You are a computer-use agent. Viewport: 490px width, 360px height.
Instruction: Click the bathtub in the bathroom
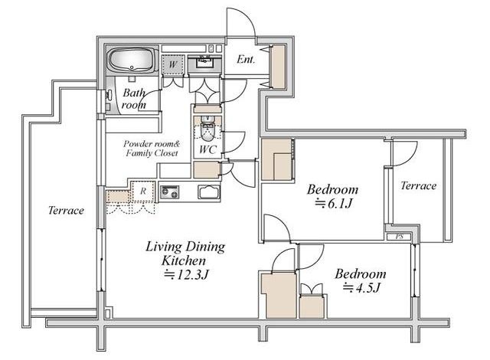pyautogui.click(x=133, y=60)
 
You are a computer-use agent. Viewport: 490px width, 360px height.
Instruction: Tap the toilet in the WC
pyautogui.click(x=206, y=129)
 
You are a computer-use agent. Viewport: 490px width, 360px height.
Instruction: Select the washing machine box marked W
pyautogui.click(x=172, y=64)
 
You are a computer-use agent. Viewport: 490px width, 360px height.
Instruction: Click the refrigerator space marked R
pyautogui.click(x=143, y=191)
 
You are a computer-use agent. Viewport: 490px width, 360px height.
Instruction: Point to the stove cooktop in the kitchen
pyautogui.click(x=170, y=192)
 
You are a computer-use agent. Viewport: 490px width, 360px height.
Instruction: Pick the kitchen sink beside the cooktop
pyautogui.click(x=209, y=192)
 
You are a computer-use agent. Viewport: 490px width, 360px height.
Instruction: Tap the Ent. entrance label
pyautogui.click(x=246, y=59)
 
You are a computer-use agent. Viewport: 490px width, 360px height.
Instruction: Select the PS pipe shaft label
pyautogui.click(x=400, y=237)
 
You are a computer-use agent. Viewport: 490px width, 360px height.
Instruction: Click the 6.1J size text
pyautogui.click(x=334, y=204)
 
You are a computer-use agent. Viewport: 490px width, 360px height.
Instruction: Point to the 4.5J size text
pyautogui.click(x=361, y=287)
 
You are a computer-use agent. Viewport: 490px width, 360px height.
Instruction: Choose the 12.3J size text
pyautogui.click(x=186, y=275)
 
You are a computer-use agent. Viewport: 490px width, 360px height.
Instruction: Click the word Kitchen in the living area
pyautogui.click(x=184, y=260)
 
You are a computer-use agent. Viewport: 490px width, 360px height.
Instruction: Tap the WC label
pyautogui.click(x=207, y=149)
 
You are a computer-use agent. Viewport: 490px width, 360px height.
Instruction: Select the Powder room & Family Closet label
pyautogui.click(x=152, y=149)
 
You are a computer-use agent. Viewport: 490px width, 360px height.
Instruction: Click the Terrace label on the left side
pyautogui.click(x=67, y=211)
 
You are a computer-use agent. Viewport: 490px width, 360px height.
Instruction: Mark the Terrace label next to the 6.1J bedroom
pyautogui.click(x=419, y=186)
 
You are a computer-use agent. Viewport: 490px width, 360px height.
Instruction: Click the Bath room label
pyautogui.click(x=134, y=99)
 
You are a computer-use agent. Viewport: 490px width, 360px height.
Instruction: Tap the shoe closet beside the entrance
pyautogui.click(x=277, y=67)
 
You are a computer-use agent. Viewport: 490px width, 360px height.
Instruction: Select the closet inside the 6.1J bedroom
pyautogui.click(x=276, y=159)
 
